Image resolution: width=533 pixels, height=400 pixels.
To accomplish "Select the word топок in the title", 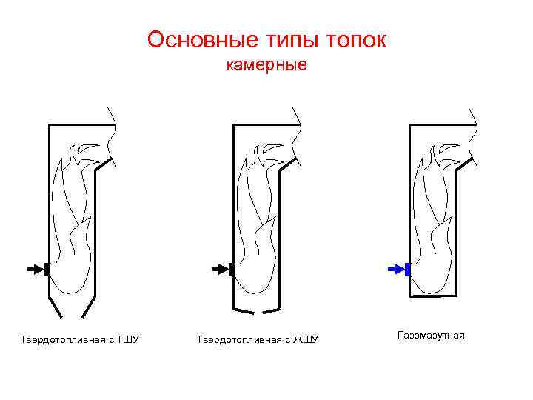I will tap(357, 39).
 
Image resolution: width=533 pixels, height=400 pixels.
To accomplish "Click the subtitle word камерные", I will tap(266, 66).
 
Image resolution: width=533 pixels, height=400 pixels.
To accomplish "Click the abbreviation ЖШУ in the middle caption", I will tap(305, 339).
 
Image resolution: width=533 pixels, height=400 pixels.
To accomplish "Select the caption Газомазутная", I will tap(431, 336).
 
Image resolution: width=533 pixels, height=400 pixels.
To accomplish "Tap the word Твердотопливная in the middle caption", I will tap(239, 339).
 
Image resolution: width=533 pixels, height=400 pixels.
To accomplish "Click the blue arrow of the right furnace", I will tap(395, 270).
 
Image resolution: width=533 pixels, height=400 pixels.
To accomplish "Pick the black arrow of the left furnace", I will tap(34, 270).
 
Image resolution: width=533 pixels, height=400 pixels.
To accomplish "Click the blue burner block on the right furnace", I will tap(407, 270).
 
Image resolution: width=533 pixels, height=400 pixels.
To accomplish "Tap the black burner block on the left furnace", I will tap(47, 270).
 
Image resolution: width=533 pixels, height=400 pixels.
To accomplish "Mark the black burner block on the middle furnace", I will tap(231, 270).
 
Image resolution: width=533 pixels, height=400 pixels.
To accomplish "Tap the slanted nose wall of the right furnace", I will tap(466, 164).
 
